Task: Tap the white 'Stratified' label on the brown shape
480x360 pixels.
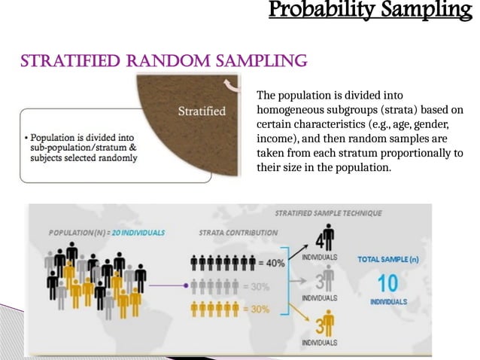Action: (x=201, y=111)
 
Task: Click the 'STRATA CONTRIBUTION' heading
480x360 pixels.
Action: (x=234, y=233)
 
